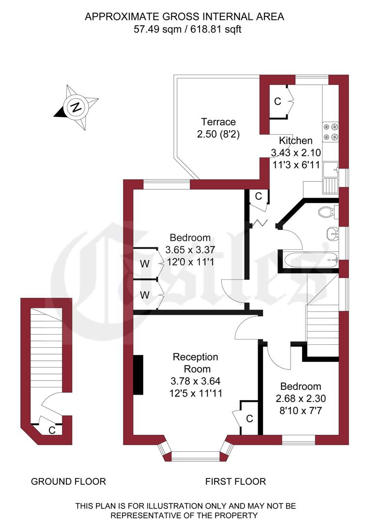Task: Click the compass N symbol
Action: pos(76,107)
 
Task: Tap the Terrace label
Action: pos(218,122)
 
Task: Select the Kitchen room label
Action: pos(296,141)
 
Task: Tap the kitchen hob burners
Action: pos(330,131)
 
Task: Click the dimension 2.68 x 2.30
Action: pos(301,400)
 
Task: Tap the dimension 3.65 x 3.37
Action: pos(190,250)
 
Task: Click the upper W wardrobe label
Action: pos(144,264)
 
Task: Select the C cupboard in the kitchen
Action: pos(277,102)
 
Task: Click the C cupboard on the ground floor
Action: pos(52,430)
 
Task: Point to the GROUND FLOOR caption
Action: pos(68,481)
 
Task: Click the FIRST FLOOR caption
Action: pos(235,481)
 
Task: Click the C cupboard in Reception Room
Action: pos(249,418)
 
